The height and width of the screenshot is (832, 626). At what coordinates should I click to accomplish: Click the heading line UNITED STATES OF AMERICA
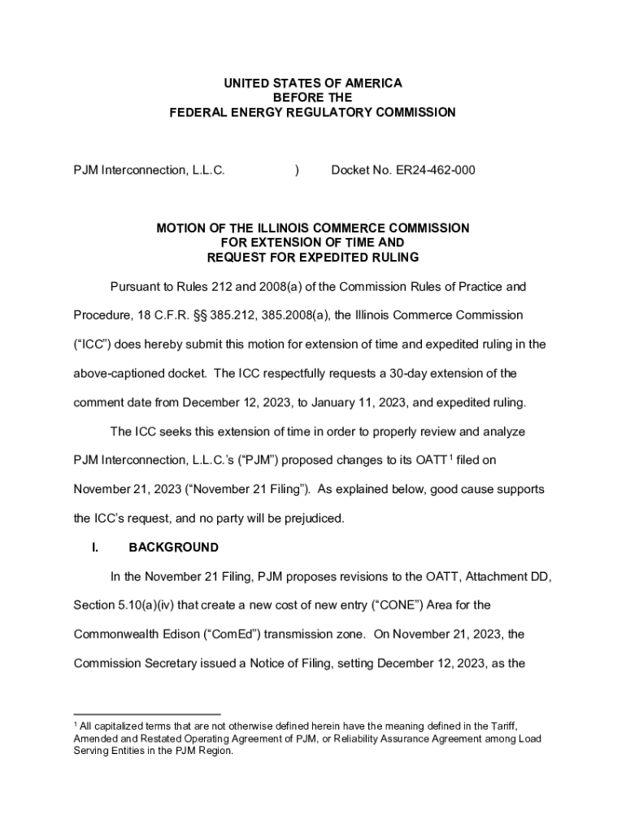click(x=313, y=84)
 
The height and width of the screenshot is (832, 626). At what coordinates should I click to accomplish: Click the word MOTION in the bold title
click(x=184, y=228)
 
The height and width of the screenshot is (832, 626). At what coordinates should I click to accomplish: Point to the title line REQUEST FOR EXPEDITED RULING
click(x=313, y=258)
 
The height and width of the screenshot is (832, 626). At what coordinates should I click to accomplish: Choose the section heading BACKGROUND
click(x=173, y=547)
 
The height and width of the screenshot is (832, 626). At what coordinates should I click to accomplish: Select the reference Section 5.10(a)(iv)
click(x=129, y=605)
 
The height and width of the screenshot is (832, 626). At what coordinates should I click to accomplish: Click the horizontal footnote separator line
click(x=147, y=713)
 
